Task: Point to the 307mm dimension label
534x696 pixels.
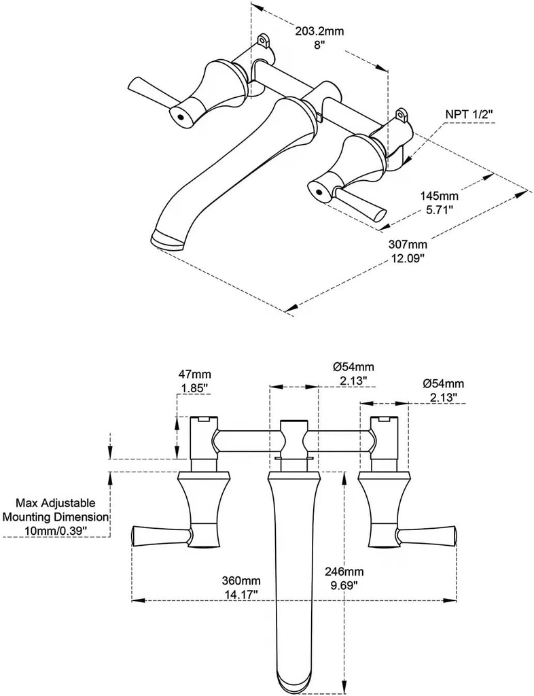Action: click(x=408, y=245)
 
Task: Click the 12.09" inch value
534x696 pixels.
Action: click(x=408, y=258)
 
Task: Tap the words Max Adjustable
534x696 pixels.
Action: click(x=56, y=504)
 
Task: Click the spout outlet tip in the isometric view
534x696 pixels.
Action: click(x=166, y=239)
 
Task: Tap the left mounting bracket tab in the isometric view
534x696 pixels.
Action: click(x=264, y=43)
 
